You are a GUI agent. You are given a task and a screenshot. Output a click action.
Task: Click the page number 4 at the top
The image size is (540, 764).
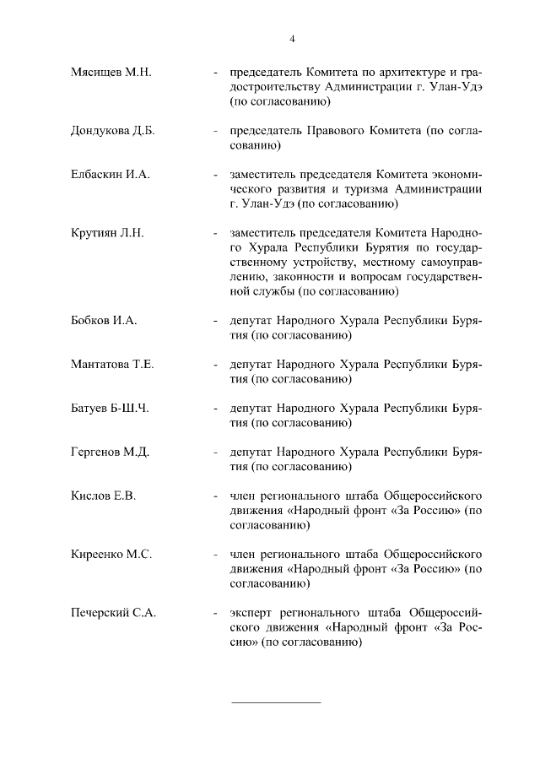tap(292, 39)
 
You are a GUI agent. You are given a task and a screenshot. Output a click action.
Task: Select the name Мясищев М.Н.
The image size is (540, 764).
tap(111, 72)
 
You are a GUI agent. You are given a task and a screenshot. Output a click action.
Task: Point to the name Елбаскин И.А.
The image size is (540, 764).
tap(110, 175)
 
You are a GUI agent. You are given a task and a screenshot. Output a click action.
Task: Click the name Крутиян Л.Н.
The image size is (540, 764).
tap(108, 232)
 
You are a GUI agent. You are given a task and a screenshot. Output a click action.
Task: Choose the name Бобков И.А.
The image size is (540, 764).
tap(104, 321)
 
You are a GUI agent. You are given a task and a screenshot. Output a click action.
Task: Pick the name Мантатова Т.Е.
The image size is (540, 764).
tap(112, 365)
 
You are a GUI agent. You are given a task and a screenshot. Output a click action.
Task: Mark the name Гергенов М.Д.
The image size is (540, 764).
tap(111, 452)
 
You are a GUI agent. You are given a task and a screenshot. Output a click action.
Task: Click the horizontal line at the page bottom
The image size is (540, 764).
tap(276, 702)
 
